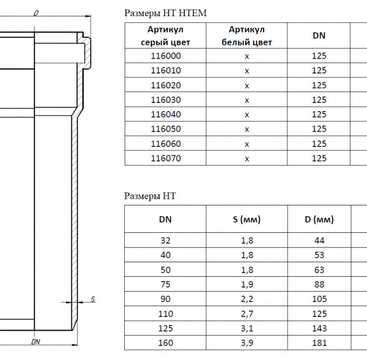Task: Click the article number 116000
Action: point(166,56)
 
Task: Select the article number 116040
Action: point(166,115)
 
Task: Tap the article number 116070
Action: point(166,158)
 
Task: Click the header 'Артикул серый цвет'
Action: point(165,36)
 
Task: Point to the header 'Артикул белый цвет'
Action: point(247,36)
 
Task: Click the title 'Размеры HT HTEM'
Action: point(165,13)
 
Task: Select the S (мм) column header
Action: point(247,219)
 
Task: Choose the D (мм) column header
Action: point(319,219)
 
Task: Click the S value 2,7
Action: point(247,313)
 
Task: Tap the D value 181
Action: point(319,343)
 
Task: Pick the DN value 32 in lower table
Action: point(165,240)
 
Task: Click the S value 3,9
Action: point(247,343)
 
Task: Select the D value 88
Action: point(319,285)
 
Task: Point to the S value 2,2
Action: point(247,299)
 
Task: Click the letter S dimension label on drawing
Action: point(93,299)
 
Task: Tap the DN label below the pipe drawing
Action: point(36,342)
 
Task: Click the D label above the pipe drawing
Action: point(36,13)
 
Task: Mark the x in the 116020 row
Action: point(247,86)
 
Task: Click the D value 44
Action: point(319,240)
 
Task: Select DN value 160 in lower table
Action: point(165,343)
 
